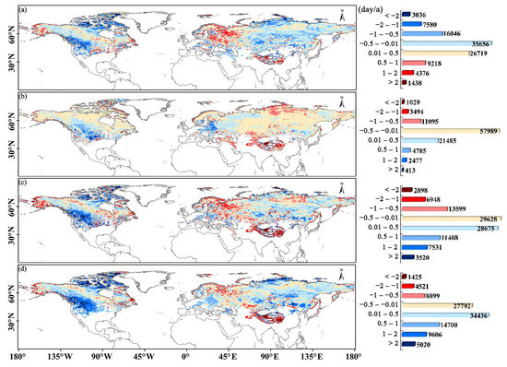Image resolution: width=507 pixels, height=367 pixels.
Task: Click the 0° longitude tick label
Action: [x=187, y=356]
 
